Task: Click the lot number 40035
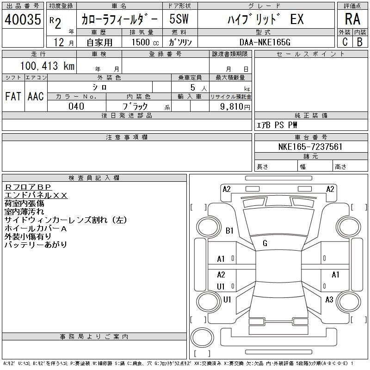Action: (23, 19)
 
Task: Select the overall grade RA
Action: (352, 19)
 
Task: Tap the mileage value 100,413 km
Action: (48, 66)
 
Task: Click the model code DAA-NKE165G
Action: (265, 42)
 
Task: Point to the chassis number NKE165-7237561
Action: (311, 147)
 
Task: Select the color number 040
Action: (76, 106)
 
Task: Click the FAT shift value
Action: (13, 96)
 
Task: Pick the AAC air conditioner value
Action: (35, 96)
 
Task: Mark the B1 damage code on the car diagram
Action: (230, 230)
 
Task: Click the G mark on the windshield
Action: (265, 243)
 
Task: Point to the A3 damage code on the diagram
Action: (329, 300)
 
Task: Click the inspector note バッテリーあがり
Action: (36, 244)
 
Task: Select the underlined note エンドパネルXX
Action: (36, 195)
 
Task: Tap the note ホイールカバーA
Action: (36, 228)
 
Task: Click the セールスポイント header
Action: (310, 54)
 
